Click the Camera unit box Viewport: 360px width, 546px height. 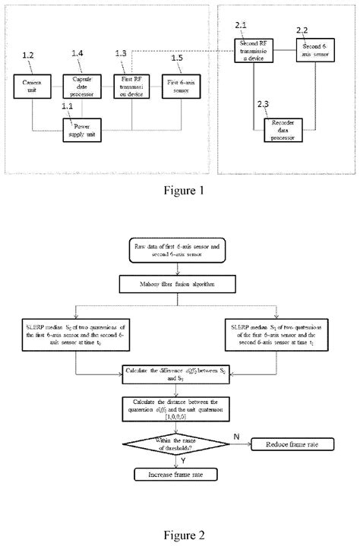pyautogui.click(x=31, y=84)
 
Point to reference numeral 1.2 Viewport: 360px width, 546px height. pyautogui.click(x=29, y=57)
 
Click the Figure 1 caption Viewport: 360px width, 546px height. pyautogui.click(x=180, y=190)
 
